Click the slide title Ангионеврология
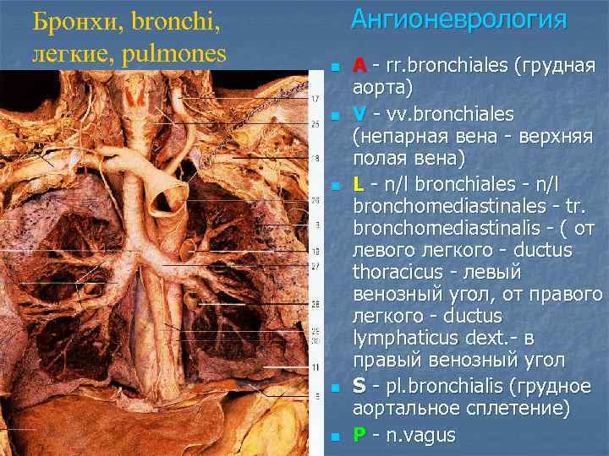click(x=458, y=19)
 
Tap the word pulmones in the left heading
click(x=174, y=54)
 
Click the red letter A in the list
click(x=359, y=66)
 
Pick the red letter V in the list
click(x=359, y=113)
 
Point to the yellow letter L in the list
click(x=359, y=183)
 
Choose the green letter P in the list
click(x=359, y=435)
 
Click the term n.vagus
click(x=420, y=436)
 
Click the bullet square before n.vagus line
click(x=334, y=437)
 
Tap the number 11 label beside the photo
click(x=315, y=368)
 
